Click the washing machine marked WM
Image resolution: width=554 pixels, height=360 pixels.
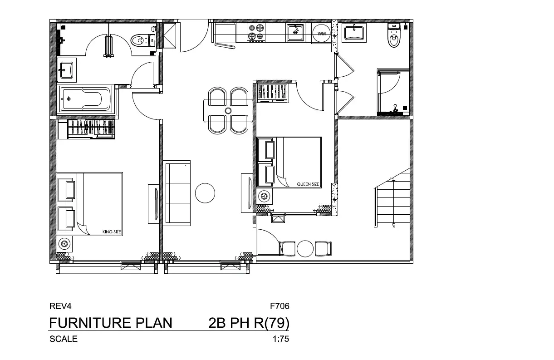tap(321, 33)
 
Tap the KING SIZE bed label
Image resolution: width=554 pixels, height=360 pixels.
tap(112, 232)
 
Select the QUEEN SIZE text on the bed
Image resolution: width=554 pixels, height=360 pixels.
tap(308, 184)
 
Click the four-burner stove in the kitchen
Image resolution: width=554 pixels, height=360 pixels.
tap(256, 32)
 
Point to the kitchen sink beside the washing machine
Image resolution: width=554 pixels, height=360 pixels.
tap(295, 32)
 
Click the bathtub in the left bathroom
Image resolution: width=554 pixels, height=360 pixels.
tap(86, 99)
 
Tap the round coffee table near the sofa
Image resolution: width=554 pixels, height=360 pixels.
tap(205, 193)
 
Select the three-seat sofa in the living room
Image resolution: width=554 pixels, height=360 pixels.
tap(176, 193)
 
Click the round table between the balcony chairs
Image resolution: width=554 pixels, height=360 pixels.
tap(305, 249)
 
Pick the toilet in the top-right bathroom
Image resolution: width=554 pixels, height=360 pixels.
tap(394, 35)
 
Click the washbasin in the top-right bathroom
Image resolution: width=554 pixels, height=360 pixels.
tap(354, 33)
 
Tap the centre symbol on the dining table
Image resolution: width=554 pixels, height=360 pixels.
tap(228, 111)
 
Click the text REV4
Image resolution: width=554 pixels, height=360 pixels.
tap(60, 306)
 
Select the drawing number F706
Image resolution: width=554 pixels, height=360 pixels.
tap(279, 306)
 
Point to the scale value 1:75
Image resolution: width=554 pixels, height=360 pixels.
tap(281, 339)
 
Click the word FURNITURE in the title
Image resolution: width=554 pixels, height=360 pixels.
tap(90, 323)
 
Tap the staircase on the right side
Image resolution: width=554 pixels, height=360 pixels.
tap(392, 198)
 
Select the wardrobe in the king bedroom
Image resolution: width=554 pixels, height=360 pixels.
tap(86, 129)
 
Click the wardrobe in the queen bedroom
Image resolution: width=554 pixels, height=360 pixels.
tap(272, 93)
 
